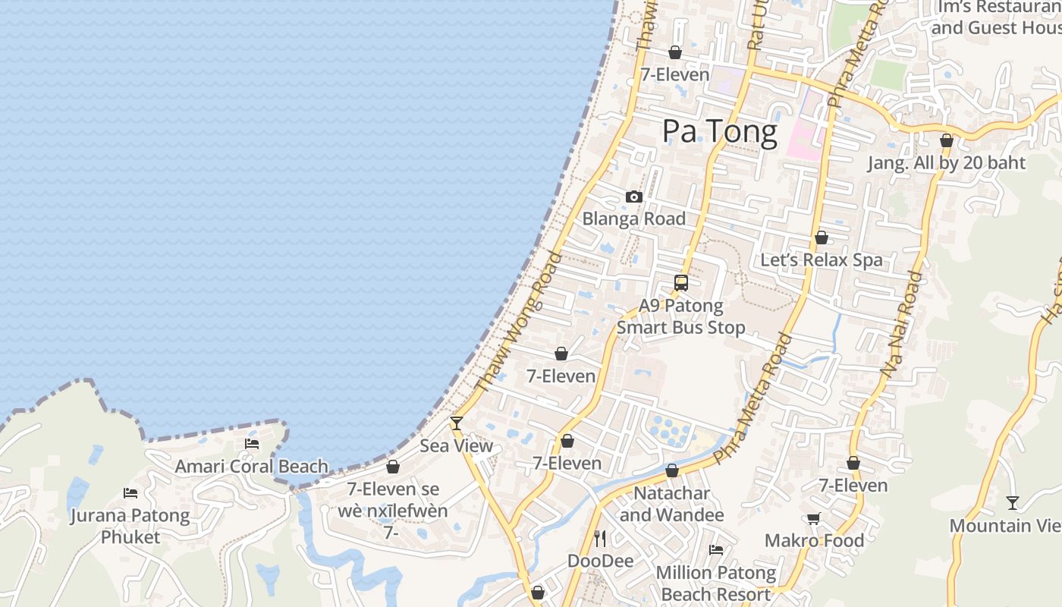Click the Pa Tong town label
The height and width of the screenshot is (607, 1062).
coord(720,131)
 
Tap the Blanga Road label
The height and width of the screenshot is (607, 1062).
coord(633,219)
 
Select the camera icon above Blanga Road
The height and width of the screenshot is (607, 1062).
coord(634,197)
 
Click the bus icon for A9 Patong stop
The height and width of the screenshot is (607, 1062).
coord(681,283)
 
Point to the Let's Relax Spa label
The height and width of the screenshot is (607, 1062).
coord(822,260)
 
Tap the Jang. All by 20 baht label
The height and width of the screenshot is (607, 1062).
coord(946,163)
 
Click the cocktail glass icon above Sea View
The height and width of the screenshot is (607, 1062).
coord(456,423)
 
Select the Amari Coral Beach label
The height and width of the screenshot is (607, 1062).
coord(252,466)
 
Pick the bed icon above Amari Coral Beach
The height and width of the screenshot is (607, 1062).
coord(252,444)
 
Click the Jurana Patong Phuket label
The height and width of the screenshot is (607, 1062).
coord(130,526)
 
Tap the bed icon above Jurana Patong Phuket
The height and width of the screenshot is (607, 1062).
coord(130,493)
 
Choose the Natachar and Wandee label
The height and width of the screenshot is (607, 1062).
coord(672,504)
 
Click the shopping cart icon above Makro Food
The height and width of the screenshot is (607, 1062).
coord(814,519)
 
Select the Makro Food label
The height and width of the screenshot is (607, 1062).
coord(814,540)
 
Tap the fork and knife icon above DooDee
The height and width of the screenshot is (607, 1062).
coord(600,539)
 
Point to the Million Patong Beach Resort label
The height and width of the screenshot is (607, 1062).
coord(716,583)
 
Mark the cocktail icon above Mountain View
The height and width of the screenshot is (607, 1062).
coord(1012,503)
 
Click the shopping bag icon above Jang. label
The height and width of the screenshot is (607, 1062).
coord(946,141)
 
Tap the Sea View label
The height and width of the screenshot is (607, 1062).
coord(456,445)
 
